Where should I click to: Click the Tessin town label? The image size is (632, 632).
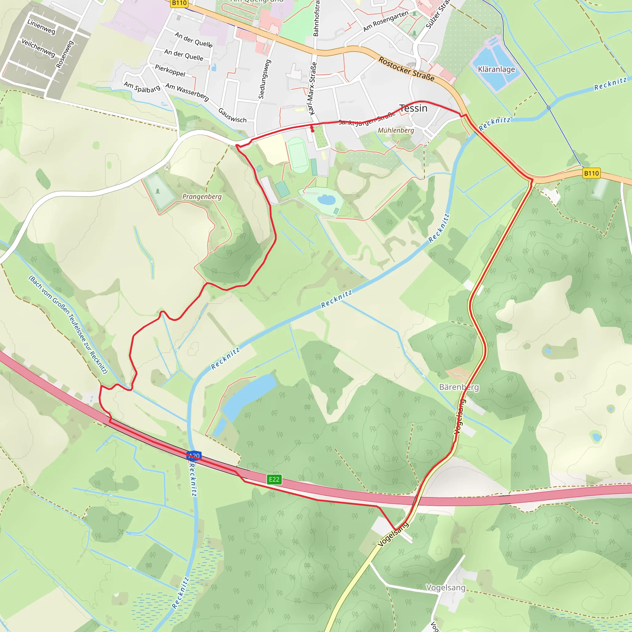click(413, 108)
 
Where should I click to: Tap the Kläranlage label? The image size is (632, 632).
click(496, 69)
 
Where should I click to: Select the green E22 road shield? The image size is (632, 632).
click(274, 479)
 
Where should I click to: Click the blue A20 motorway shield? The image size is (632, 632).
click(194, 456)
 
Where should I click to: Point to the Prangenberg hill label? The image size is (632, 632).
click(202, 197)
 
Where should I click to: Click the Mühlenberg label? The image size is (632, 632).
click(396, 130)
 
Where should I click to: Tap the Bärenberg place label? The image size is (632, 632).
click(459, 387)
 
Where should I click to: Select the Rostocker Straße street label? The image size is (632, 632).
click(406, 69)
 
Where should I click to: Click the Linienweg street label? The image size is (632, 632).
click(41, 27)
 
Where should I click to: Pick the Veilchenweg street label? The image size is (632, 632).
click(38, 48)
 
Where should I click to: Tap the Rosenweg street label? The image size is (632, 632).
click(65, 54)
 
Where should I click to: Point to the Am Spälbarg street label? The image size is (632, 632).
click(142, 87)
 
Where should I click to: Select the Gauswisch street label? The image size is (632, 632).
click(232, 115)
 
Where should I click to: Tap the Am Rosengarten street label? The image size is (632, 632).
click(386, 21)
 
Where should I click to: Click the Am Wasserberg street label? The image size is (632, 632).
click(187, 92)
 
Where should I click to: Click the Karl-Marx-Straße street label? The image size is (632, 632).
click(312, 88)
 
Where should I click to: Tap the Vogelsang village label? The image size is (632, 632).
click(446, 588)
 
